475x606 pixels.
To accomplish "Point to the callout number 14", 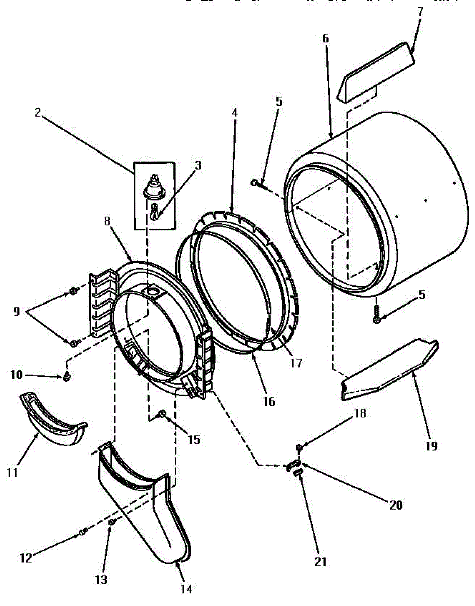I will (186, 589).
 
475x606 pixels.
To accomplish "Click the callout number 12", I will (26, 558).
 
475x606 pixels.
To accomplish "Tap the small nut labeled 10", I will (66, 376).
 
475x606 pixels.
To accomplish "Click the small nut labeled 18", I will (299, 447).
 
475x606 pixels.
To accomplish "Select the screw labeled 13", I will (112, 522).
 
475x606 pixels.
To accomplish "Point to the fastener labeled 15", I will (163, 414).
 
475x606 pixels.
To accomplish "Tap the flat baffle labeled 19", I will (388, 371).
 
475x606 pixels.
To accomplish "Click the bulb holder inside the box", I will (155, 188).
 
